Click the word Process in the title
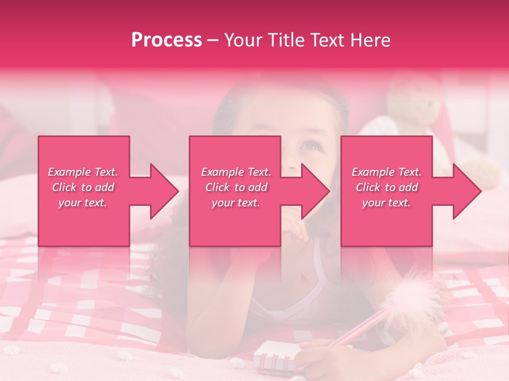click(x=166, y=40)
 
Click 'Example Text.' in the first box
click(x=83, y=172)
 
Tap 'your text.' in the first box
click(x=83, y=203)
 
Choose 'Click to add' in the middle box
click(x=236, y=187)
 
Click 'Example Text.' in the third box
click(x=387, y=172)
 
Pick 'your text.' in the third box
click(x=387, y=203)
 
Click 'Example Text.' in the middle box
click(x=236, y=172)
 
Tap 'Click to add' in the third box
click(x=387, y=187)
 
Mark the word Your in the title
click(x=243, y=40)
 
